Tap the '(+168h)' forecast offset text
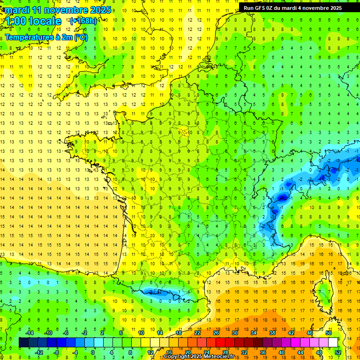click(x=83, y=21)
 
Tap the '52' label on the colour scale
click(x=338, y=352)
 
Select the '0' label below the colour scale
click(x=93, y=352)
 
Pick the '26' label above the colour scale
click(x=216, y=332)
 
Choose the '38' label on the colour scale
click(x=272, y=332)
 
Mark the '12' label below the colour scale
click(x=150, y=352)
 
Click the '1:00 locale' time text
click(x=33, y=21)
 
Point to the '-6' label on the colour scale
click(x=66, y=332)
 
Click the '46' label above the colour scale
click(x=310, y=332)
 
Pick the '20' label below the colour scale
click(x=188, y=352)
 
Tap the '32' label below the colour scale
click(x=244, y=352)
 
